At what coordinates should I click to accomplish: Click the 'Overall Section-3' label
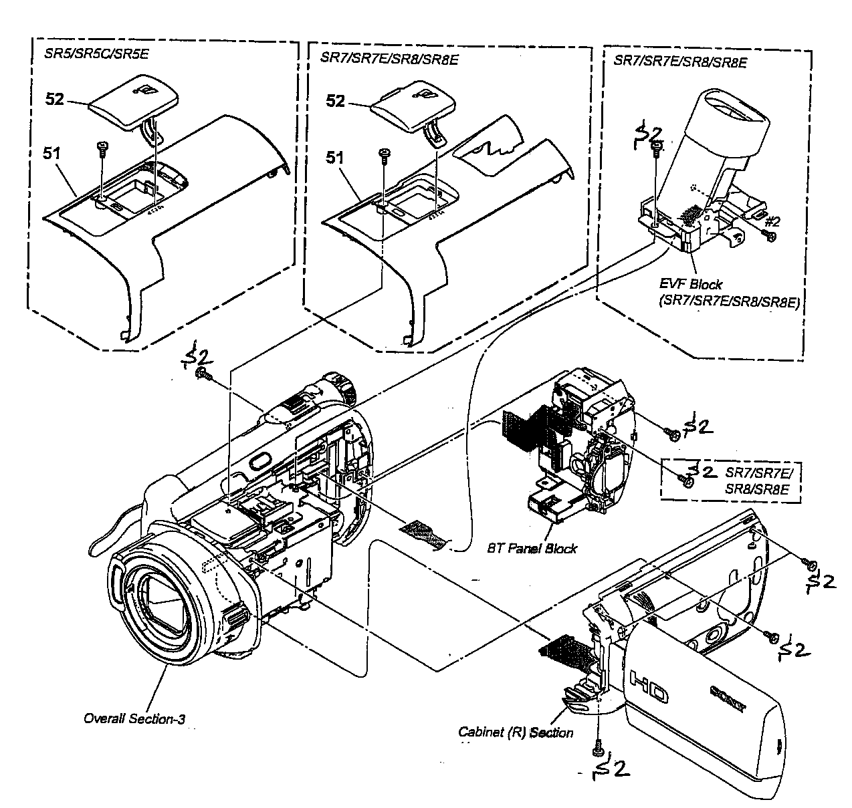[x=134, y=718]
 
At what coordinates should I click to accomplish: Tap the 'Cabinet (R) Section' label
[x=515, y=732]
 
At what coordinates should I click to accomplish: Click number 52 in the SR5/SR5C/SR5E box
[x=55, y=99]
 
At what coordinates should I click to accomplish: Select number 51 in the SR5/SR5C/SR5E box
[x=52, y=154]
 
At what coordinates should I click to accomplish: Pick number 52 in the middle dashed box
[x=336, y=101]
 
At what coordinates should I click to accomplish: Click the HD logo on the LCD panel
[x=649, y=686]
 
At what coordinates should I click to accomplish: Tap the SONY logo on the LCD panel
[x=728, y=698]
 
